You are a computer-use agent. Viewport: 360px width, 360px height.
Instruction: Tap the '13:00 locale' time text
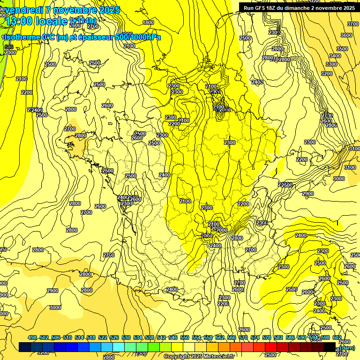pyautogui.click(x=36, y=21)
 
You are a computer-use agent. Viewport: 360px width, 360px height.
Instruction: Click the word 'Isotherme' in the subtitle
pyautogui.click(x=22, y=37)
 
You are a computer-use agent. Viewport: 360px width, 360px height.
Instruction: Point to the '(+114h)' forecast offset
pyautogui.click(x=82, y=21)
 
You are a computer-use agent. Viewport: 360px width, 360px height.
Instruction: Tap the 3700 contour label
pyautogui.click(x=352, y=24)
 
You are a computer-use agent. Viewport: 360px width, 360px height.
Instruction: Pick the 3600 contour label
pyautogui.click(x=346, y=36)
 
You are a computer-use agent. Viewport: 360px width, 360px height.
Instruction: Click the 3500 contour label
pyautogui.click(x=342, y=49)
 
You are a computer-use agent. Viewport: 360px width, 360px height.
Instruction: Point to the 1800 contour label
pyautogui.click(x=148, y=22)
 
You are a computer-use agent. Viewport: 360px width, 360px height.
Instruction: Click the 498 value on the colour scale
pyautogui.click(x=32, y=338)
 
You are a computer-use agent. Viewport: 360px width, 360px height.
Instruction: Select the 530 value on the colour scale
pyautogui.click(x=126, y=338)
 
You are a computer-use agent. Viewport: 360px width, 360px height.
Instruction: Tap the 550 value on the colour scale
pyautogui.click(x=185, y=338)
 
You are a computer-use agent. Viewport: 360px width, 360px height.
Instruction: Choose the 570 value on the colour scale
pyautogui.click(x=243, y=338)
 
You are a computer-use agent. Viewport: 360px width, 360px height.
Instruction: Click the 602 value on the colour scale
pyautogui.click(x=337, y=338)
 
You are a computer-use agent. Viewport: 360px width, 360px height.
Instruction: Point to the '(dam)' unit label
pyautogui.click(x=347, y=348)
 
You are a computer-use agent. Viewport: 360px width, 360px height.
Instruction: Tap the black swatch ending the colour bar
pyautogui.click(x=330, y=347)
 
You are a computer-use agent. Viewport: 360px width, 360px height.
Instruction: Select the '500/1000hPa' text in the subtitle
pyautogui.click(x=139, y=37)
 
